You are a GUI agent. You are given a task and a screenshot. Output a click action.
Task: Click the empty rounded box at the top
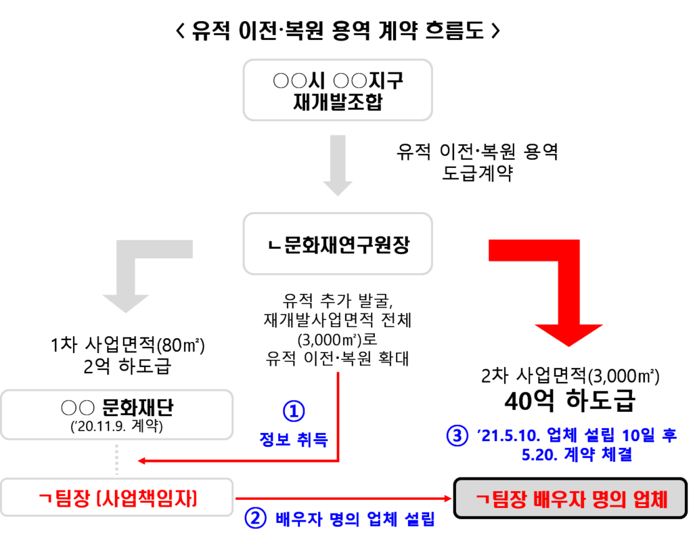pyautogui.click(x=337, y=90)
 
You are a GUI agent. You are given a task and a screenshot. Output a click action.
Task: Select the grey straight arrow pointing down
pyautogui.click(x=337, y=165)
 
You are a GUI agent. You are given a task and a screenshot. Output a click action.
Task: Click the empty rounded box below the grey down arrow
pyautogui.click(x=337, y=244)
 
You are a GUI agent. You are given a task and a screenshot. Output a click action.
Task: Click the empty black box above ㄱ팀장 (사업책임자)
pyautogui.click(x=116, y=415)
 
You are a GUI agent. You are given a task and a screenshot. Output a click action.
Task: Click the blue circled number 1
pyautogui.click(x=294, y=411)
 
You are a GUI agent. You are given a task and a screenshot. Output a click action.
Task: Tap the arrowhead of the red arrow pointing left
pyautogui.click(x=141, y=461)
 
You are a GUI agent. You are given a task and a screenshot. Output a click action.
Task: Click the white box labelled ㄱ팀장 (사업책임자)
pyautogui.click(x=116, y=497)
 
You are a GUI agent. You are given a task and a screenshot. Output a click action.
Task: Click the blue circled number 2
pyautogui.click(x=256, y=519)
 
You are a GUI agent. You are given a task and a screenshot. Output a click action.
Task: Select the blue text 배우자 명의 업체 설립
pyautogui.click(x=355, y=520)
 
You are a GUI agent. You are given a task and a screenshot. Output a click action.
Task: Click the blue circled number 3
pyautogui.click(x=457, y=436)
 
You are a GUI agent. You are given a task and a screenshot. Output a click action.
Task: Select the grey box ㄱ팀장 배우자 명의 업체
pyautogui.click(x=570, y=499)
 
